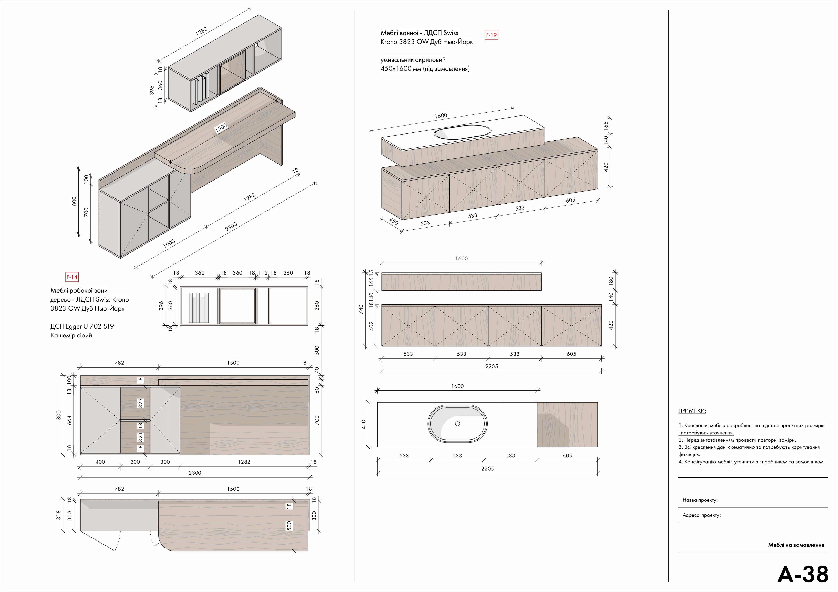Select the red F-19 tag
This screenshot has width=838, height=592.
[x=491, y=35]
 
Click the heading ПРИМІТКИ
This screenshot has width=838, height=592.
[x=692, y=411]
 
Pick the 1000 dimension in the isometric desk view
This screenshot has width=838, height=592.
[x=169, y=243]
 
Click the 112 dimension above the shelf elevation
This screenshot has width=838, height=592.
[x=263, y=273]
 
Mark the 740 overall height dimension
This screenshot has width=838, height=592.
[x=361, y=309]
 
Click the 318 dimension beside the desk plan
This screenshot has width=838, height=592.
[x=58, y=515]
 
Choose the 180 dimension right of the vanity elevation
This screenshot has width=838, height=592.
[x=611, y=281]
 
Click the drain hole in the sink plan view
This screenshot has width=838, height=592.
[x=457, y=424]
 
